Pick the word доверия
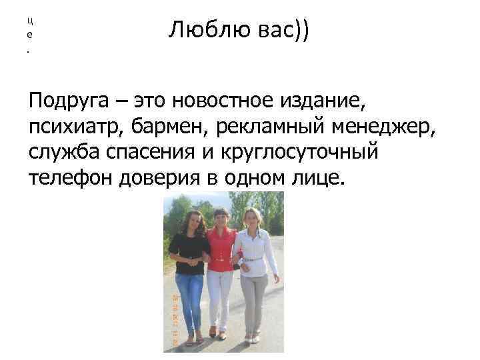177,177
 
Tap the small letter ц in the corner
29,20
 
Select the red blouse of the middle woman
221,251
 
